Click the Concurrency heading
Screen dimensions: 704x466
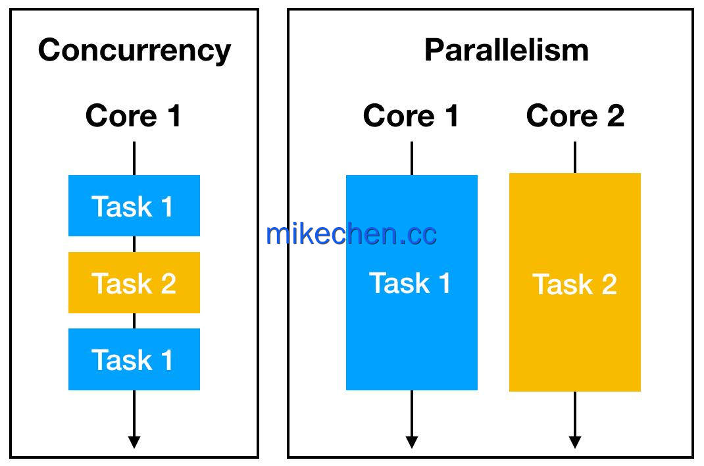[x=134, y=51]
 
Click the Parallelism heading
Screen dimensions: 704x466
[x=507, y=50]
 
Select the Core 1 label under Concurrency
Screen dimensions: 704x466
[x=134, y=116]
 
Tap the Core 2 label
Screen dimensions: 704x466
[x=575, y=116]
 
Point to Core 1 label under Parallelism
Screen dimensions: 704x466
[x=411, y=116]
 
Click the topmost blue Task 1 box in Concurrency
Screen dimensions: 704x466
[x=134, y=205]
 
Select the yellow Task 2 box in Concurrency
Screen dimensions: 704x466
[x=134, y=282]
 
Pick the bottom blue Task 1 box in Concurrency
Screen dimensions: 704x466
[x=134, y=359]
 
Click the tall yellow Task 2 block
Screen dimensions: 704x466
[x=574, y=282]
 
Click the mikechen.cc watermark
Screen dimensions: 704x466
[x=351, y=234]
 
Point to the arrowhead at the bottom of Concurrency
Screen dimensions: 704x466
[x=134, y=442]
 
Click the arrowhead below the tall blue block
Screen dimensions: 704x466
[x=412, y=442]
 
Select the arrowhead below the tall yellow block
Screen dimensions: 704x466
[x=574, y=442]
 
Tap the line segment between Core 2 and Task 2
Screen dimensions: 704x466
[x=574, y=157]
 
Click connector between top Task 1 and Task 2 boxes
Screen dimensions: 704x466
[x=134, y=244]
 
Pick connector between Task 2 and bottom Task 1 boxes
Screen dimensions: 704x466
[x=134, y=321]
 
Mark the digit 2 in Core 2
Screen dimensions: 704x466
[x=616, y=116]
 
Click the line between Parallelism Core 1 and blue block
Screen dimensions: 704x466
[x=412, y=159]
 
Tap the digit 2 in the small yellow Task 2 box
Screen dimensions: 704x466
[x=168, y=283]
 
